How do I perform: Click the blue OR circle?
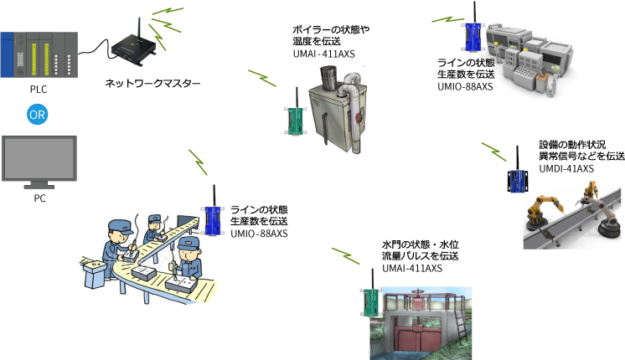(x=38, y=115)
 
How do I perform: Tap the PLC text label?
(x=39, y=90)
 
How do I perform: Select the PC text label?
(x=39, y=198)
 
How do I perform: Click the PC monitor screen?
(x=39, y=158)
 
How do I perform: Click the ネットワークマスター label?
(x=152, y=83)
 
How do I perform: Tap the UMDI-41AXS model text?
(x=566, y=169)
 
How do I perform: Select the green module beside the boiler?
(x=296, y=120)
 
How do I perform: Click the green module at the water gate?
(x=371, y=301)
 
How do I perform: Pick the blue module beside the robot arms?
(x=518, y=180)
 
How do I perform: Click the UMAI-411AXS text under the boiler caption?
(x=323, y=54)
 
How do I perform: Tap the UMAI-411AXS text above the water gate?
(x=412, y=269)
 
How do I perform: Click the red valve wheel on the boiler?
(x=359, y=117)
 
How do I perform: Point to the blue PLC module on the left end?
(x=7, y=55)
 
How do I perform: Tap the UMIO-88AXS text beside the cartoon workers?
(x=259, y=234)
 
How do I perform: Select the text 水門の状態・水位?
(x=420, y=244)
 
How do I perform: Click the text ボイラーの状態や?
(x=331, y=29)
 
